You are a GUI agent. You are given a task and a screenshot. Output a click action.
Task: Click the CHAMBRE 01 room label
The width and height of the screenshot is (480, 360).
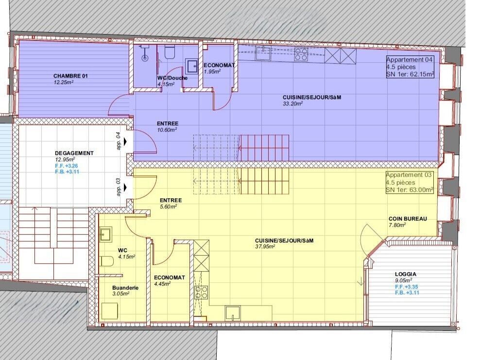coord(70,76)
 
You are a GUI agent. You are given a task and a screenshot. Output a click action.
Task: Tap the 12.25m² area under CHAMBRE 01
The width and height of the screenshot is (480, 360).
coord(64,82)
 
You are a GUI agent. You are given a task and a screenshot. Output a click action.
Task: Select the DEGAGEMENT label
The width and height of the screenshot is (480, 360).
coord(74,153)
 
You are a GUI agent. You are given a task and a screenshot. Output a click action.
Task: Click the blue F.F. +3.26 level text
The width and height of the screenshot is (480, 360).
coord(67,166)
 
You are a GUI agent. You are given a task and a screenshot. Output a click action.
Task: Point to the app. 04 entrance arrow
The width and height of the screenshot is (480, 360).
coord(125,141)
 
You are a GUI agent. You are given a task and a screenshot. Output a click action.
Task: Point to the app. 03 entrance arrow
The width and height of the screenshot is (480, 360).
coord(125,187)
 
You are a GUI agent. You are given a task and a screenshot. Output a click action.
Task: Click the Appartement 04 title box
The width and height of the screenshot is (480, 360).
coord(410,67)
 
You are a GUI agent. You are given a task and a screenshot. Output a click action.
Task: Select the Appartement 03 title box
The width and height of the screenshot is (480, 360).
coord(410,183)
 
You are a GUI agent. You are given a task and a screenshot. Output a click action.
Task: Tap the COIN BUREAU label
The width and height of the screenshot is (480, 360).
coord(408,219)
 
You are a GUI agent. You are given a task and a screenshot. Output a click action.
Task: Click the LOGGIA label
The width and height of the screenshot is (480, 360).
coord(406,274)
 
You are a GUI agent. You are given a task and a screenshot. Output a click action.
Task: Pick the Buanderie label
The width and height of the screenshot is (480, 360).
coord(125,288)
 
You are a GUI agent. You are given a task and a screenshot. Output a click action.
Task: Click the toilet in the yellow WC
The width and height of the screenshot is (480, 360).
coord(107,261)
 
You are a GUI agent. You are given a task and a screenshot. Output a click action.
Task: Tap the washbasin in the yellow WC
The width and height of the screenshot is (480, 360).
coord(105,235)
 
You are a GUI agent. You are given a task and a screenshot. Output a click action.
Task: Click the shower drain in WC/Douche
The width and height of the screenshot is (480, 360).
coord(145,57)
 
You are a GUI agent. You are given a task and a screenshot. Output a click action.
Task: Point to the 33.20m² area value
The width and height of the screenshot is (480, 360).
coord(293,103)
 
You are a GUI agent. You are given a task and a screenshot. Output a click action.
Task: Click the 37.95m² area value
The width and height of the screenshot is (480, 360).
coord(265,246)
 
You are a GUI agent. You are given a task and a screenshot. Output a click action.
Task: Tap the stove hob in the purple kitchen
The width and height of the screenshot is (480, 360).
coord(301,54)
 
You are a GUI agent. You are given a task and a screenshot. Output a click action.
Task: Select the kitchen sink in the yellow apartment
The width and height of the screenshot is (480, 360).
coord(233,312)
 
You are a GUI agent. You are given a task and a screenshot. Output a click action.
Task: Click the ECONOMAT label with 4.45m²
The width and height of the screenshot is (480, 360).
coord(169,278)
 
